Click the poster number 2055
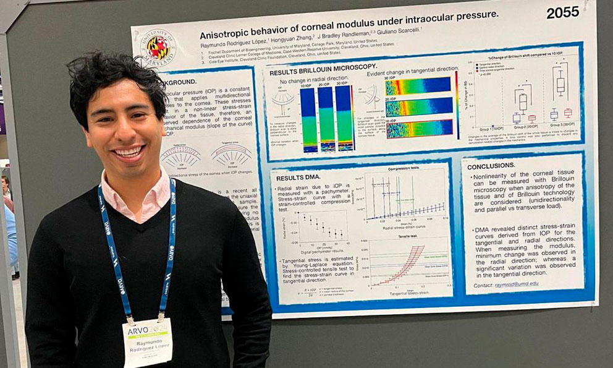(x=562, y=12)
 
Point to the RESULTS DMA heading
(x=298, y=178)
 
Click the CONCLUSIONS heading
(x=491, y=166)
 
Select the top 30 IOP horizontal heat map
(x=418, y=85)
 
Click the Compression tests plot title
(x=405, y=168)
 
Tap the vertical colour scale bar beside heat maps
(x=457, y=105)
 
